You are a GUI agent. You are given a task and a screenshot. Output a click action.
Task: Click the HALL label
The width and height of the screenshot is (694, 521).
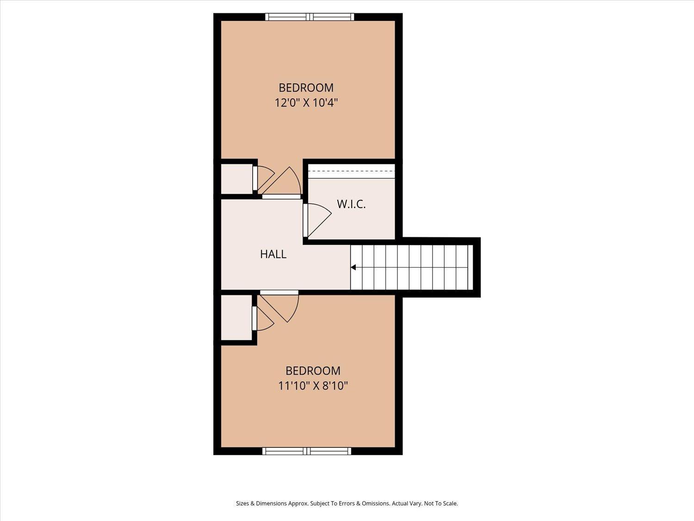point(273,254)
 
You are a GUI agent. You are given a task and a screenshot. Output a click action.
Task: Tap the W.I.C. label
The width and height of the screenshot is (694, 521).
point(351,204)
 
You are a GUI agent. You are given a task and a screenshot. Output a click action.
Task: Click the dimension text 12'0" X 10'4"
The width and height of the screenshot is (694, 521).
point(306,103)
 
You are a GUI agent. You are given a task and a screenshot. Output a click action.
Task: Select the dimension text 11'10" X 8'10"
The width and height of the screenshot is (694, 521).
point(313,386)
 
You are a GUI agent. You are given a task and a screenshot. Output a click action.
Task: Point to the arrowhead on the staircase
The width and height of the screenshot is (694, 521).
point(353,267)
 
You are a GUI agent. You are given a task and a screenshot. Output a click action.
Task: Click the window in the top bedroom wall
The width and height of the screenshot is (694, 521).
point(310,17)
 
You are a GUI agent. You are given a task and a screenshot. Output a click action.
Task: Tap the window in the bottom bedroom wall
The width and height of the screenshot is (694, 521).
point(307,451)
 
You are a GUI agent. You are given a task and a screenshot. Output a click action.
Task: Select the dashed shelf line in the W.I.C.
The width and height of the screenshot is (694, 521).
point(352,171)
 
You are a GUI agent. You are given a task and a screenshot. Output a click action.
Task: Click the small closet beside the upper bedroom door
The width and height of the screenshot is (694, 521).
point(236,179)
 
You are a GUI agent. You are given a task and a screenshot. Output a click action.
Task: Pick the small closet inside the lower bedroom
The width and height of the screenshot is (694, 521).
point(236,318)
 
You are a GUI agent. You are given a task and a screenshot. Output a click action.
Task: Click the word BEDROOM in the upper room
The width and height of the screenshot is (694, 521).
point(306,88)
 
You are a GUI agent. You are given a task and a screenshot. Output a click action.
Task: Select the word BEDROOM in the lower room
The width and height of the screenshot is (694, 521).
point(313,371)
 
